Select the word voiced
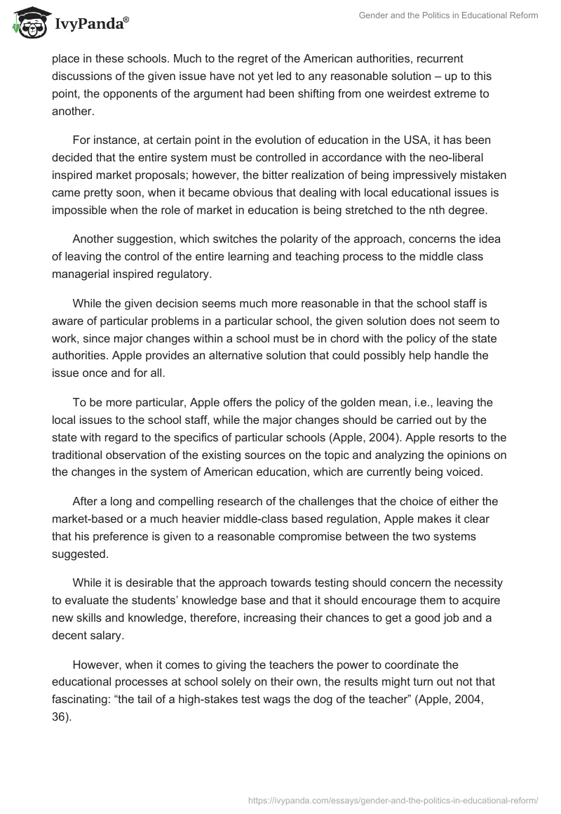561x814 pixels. pyautogui.click(x=465, y=472)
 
